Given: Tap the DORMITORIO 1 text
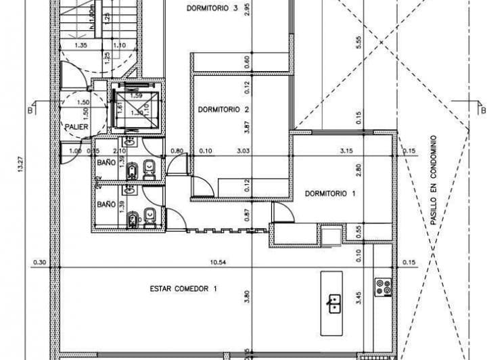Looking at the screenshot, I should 330,194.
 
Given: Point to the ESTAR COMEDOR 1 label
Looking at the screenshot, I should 183,288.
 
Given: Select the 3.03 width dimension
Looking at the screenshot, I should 244,151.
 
